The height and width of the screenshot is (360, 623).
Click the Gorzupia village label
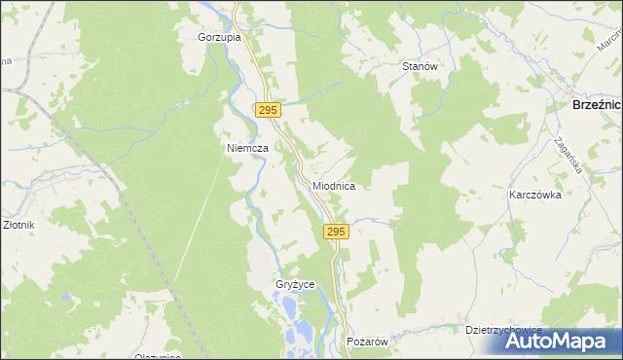coord(218,37)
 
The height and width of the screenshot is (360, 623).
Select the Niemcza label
coord(247,148)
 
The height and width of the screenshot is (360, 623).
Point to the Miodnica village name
coord(334,185)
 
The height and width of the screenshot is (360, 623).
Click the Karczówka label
coord(535,195)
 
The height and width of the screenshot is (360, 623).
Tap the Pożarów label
coord(368,342)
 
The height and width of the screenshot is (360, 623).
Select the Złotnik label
coord(18,225)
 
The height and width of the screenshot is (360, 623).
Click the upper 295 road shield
coord(270,111)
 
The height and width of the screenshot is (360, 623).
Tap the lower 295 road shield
coord(334,232)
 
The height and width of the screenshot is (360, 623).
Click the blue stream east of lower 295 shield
coord(375,222)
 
